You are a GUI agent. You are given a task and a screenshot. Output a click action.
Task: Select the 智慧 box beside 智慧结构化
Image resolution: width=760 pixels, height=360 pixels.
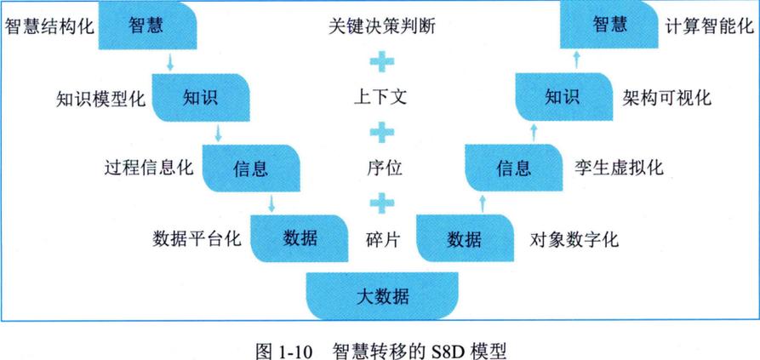147,26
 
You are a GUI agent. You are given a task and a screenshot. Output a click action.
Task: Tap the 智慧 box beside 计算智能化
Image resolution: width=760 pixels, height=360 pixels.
609,26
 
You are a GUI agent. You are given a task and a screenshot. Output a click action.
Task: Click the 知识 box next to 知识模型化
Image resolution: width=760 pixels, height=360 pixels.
200,96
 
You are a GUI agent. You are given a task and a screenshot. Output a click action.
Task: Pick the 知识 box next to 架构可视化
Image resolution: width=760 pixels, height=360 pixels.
561,96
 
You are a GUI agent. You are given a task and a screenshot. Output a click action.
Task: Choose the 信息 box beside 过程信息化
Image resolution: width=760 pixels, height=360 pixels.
251,167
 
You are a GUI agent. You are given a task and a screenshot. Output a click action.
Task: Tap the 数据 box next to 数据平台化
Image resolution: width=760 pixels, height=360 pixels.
300,237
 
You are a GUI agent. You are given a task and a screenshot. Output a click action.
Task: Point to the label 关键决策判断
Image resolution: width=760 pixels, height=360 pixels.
381,26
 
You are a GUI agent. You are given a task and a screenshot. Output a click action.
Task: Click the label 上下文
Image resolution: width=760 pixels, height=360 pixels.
381,96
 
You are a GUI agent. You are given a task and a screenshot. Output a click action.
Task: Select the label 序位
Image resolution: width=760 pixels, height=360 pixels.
381,168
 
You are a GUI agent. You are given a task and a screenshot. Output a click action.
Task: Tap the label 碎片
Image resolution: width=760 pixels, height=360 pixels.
381,238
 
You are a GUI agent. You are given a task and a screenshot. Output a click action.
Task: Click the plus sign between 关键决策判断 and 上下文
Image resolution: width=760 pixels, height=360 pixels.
381,61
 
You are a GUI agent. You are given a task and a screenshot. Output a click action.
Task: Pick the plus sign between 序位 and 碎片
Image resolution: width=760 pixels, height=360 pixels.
381,203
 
